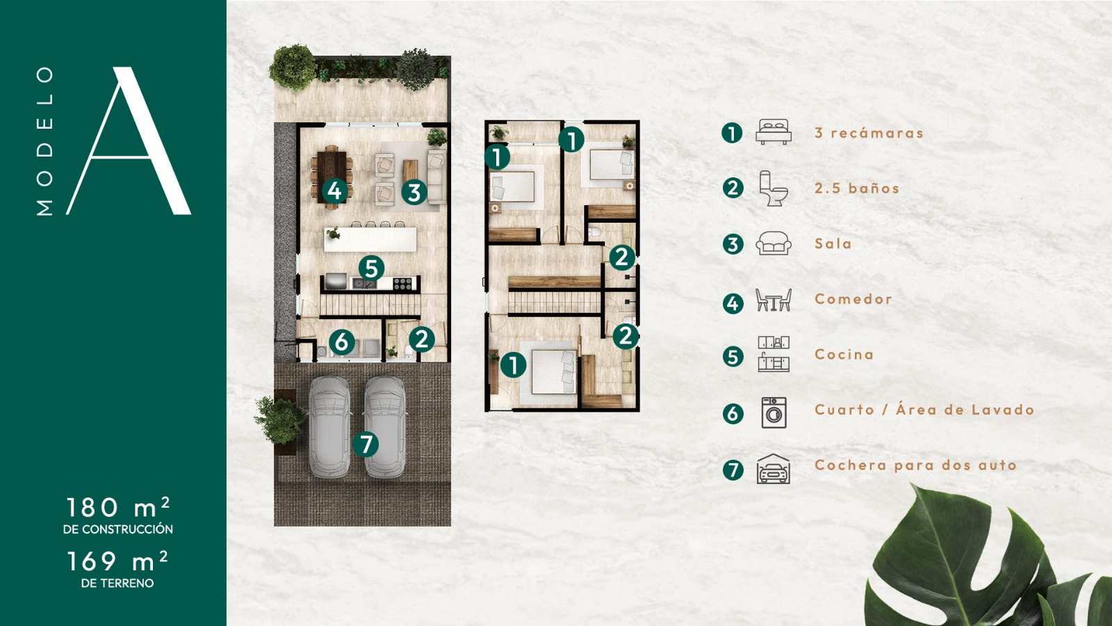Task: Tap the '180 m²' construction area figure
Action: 118,508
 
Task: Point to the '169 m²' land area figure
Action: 117,561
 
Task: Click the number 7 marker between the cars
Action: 366,444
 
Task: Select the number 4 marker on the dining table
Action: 334,191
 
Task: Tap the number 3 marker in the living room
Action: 414,192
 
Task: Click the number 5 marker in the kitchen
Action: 371,268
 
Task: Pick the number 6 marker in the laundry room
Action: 342,342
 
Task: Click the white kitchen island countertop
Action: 370,239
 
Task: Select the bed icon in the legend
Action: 774,131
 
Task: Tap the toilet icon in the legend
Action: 774,188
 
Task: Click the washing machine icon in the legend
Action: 774,412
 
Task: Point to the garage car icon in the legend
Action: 773,469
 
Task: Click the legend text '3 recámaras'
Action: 869,133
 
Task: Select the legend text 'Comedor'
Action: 853,299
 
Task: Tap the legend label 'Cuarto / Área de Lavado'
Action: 924,410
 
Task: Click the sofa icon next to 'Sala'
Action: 774,243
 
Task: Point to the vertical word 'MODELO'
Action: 44,141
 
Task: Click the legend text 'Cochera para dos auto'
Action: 915,465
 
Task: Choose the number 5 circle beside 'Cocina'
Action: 733,357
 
